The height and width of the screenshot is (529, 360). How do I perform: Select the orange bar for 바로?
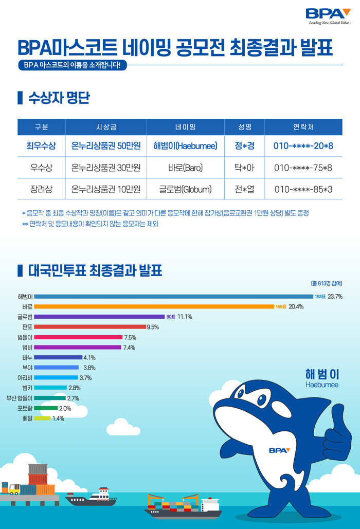tap(154, 306)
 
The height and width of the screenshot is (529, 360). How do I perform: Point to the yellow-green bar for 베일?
tap(43, 418)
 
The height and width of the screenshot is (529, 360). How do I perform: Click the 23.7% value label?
tap(335, 297)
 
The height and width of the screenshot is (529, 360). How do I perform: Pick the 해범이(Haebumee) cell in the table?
tap(185, 146)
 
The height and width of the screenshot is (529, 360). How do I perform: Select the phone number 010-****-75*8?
tap(303, 168)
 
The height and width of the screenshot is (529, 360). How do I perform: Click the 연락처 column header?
tap(303, 126)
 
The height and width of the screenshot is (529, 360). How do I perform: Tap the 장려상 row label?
tap(41, 189)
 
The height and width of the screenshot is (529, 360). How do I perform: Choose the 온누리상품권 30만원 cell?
tap(106, 168)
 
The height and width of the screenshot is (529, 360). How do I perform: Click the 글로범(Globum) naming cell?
tap(185, 189)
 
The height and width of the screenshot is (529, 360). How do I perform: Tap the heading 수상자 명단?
tap(60, 98)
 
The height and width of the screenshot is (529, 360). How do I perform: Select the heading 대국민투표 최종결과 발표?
tap(95, 270)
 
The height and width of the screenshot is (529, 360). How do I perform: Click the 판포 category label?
tap(27, 327)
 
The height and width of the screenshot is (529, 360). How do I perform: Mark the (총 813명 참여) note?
tap(326, 283)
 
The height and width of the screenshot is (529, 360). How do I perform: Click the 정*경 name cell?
tap(244, 146)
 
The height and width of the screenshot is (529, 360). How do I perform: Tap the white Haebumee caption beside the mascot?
tap(321, 385)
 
